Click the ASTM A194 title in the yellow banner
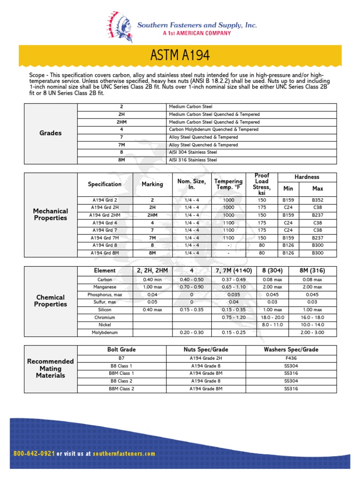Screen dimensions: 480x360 click(180, 56)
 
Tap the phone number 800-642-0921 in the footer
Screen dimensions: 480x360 click(35, 454)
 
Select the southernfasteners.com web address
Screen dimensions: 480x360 click(124, 454)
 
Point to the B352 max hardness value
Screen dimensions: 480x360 click(317, 200)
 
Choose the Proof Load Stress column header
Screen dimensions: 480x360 click(262, 184)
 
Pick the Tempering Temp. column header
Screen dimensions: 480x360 click(228, 184)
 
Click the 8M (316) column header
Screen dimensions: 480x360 click(312, 270)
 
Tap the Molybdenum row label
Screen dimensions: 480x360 click(105, 333)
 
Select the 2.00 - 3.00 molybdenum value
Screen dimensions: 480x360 click(312, 333)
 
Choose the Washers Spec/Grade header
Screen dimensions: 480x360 click(291, 350)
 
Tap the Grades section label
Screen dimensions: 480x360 click(51, 133)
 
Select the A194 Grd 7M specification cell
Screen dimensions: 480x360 click(105, 238)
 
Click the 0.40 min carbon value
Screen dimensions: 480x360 click(152, 279)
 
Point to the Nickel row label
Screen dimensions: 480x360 click(105, 325)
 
